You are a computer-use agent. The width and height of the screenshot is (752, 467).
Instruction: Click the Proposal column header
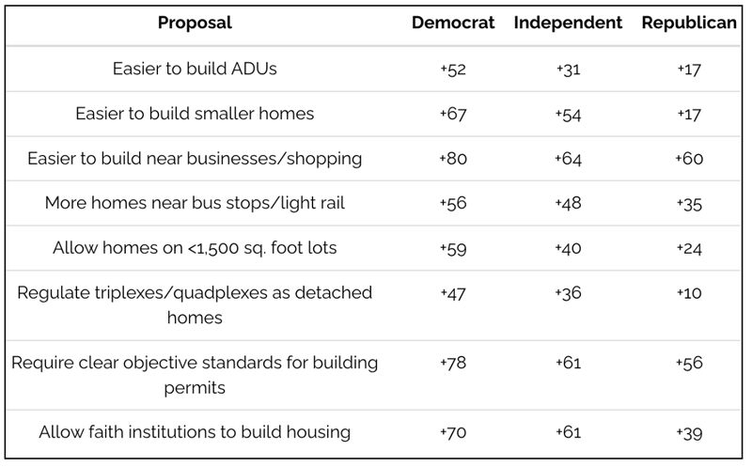195,23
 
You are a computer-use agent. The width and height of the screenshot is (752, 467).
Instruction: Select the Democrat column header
453,23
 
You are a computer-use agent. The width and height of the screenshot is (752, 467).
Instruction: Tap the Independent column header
568,23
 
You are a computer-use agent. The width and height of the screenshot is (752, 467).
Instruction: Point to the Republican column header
688,23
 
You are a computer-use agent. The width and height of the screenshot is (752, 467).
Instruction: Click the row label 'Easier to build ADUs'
195,69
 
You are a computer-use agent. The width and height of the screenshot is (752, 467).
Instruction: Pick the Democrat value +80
453,159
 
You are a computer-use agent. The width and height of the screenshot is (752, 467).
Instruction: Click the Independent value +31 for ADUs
568,69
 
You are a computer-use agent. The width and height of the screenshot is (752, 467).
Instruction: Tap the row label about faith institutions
195,432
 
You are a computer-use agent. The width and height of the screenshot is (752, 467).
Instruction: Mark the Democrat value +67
453,114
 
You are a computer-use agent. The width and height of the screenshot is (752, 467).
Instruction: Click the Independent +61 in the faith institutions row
568,432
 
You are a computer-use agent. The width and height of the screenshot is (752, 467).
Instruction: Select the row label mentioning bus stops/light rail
195,204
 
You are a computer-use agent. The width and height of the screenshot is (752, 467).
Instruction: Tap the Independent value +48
568,204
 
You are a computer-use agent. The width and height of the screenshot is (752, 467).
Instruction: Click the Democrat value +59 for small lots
453,249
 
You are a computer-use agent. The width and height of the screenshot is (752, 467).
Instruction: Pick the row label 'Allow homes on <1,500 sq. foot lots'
195,249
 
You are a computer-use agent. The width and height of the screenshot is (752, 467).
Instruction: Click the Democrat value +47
453,293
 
